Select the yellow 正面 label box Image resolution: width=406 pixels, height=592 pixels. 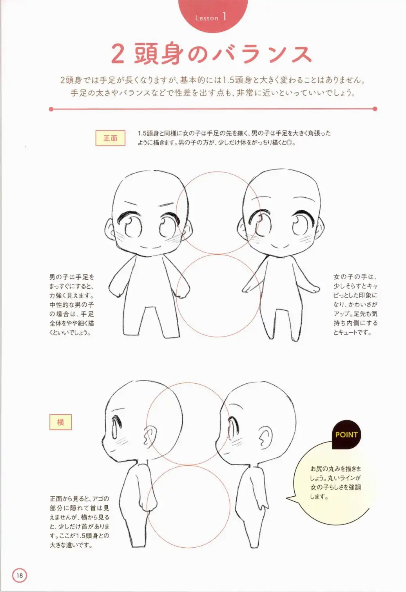pyautogui.click(x=111, y=138)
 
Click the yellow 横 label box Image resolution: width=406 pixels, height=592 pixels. pyautogui.click(x=60, y=422)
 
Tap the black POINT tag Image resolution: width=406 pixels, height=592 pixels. pyautogui.click(x=346, y=435)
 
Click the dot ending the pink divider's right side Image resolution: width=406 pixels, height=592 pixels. pyautogui.click(x=375, y=109)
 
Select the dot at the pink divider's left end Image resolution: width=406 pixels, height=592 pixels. pyautogui.click(x=51, y=109)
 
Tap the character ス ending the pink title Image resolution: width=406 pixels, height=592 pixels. pyautogui.click(x=300, y=54)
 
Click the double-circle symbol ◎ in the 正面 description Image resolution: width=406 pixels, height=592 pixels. pyautogui.click(x=289, y=143)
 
